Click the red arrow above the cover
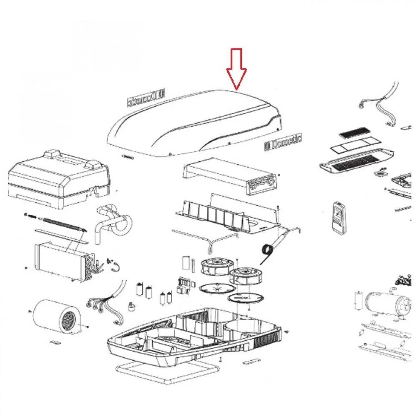[236, 69]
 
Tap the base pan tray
[192, 334]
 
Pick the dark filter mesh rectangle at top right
[353, 134]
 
